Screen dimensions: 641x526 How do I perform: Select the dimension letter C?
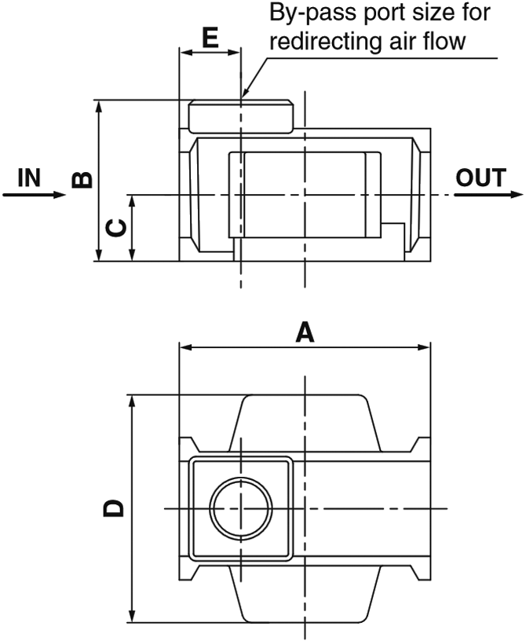(x=116, y=228)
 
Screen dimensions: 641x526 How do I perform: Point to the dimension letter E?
(x=210, y=38)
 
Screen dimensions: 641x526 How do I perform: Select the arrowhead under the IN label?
(x=61, y=194)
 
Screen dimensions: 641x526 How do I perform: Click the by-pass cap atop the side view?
(x=240, y=116)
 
